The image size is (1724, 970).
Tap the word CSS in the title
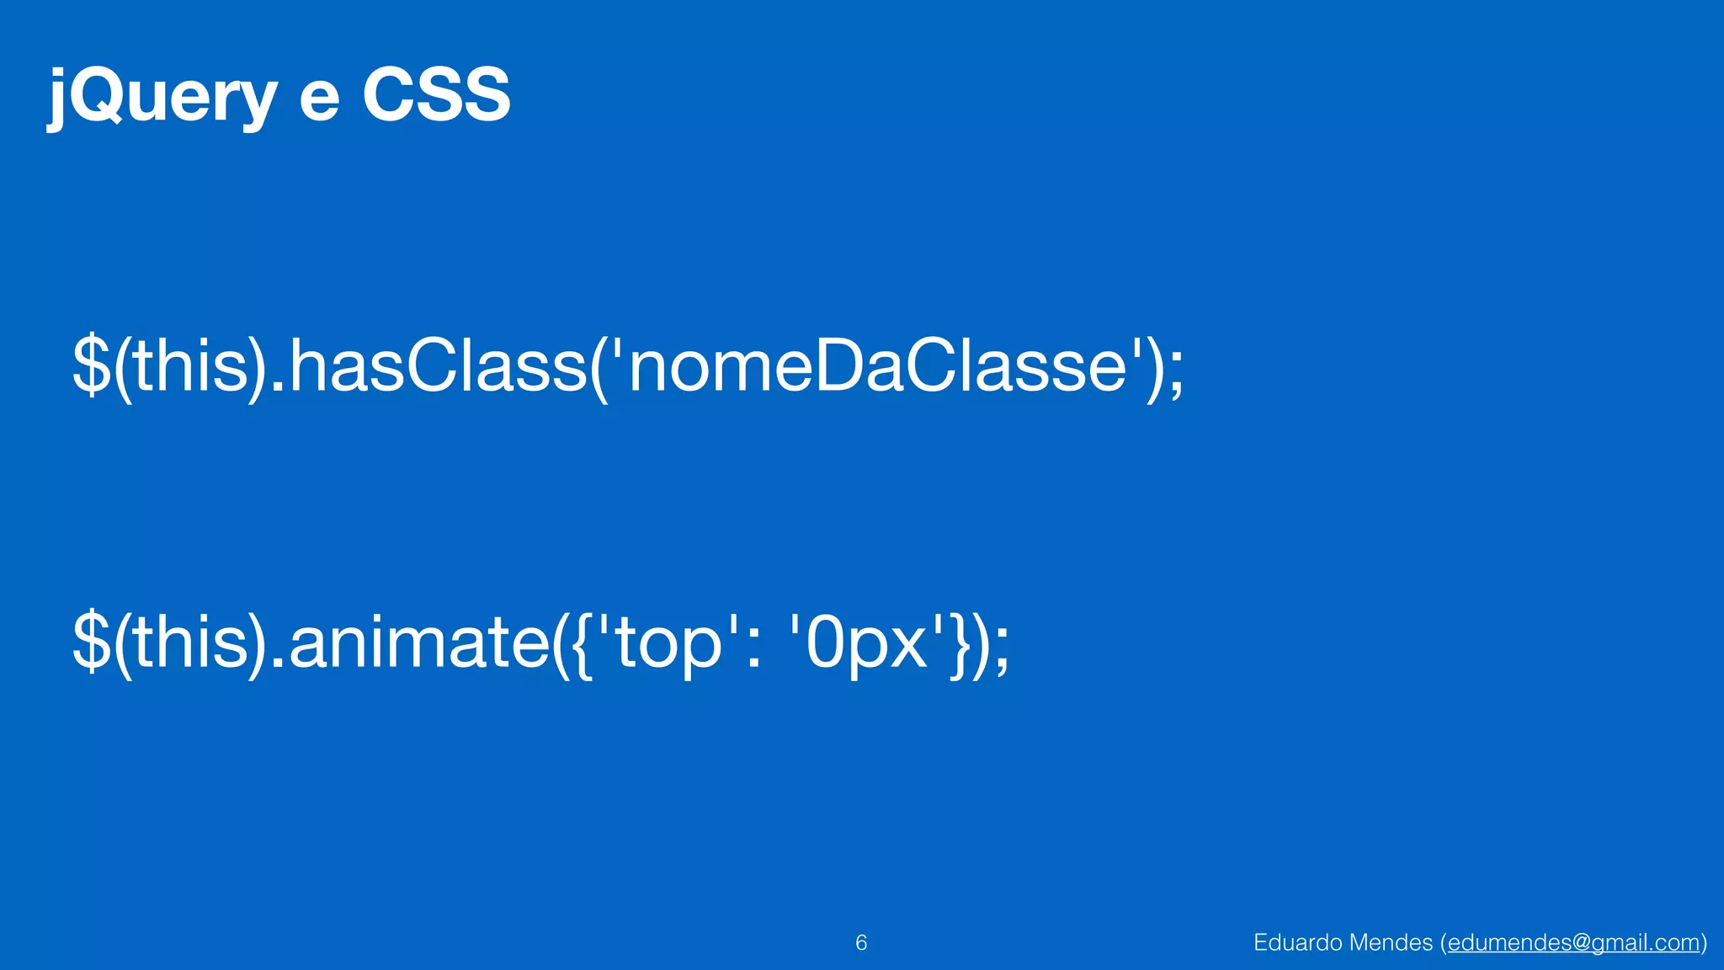(436, 95)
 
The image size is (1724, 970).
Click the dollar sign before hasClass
(91, 365)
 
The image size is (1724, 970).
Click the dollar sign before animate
(91, 642)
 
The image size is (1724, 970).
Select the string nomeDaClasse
(876, 367)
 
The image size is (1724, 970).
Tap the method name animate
(419, 643)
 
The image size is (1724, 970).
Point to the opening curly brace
(582, 644)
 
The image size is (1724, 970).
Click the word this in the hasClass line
(191, 367)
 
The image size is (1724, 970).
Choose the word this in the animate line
(191, 643)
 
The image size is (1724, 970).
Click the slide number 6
(861, 943)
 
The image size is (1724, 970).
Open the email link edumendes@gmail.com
(1573, 943)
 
